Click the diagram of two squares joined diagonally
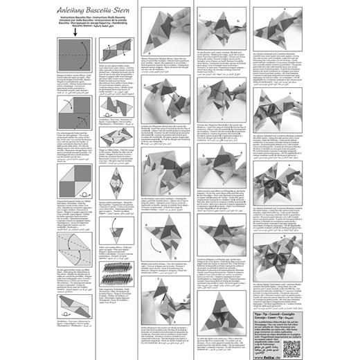tap(74, 183)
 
